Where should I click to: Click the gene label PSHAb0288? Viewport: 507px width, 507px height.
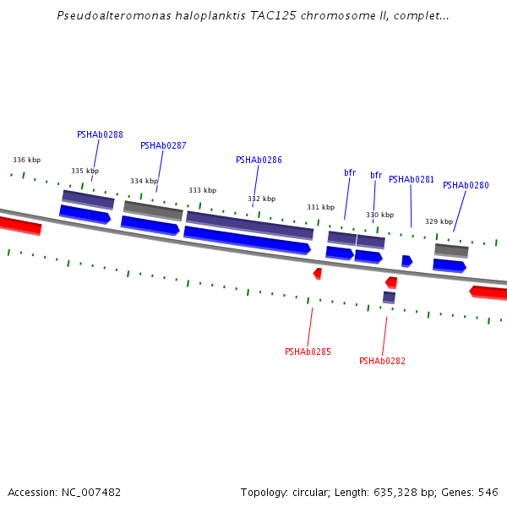tap(100, 134)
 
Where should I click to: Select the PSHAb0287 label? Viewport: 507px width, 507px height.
tap(163, 145)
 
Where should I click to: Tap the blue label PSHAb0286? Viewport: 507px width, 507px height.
tap(259, 160)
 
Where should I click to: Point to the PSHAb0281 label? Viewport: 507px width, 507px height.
tap(412, 179)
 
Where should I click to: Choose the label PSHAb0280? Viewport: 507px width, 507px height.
tap(466, 185)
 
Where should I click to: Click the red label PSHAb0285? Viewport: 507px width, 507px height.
tap(308, 352)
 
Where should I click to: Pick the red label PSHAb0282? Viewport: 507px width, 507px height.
tap(382, 361)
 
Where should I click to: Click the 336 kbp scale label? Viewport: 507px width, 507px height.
tap(26, 160)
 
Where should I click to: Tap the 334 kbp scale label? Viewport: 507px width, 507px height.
tap(144, 181)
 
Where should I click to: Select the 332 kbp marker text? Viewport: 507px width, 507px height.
tap(261, 199)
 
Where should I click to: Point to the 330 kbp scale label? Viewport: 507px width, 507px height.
tap(379, 215)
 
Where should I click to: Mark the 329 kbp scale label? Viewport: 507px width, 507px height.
tap(439, 221)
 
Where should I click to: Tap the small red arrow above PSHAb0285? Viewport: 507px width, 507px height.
tap(317, 274)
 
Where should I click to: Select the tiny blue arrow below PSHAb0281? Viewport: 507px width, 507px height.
tap(406, 261)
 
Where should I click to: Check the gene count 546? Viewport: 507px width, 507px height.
tap(488, 492)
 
